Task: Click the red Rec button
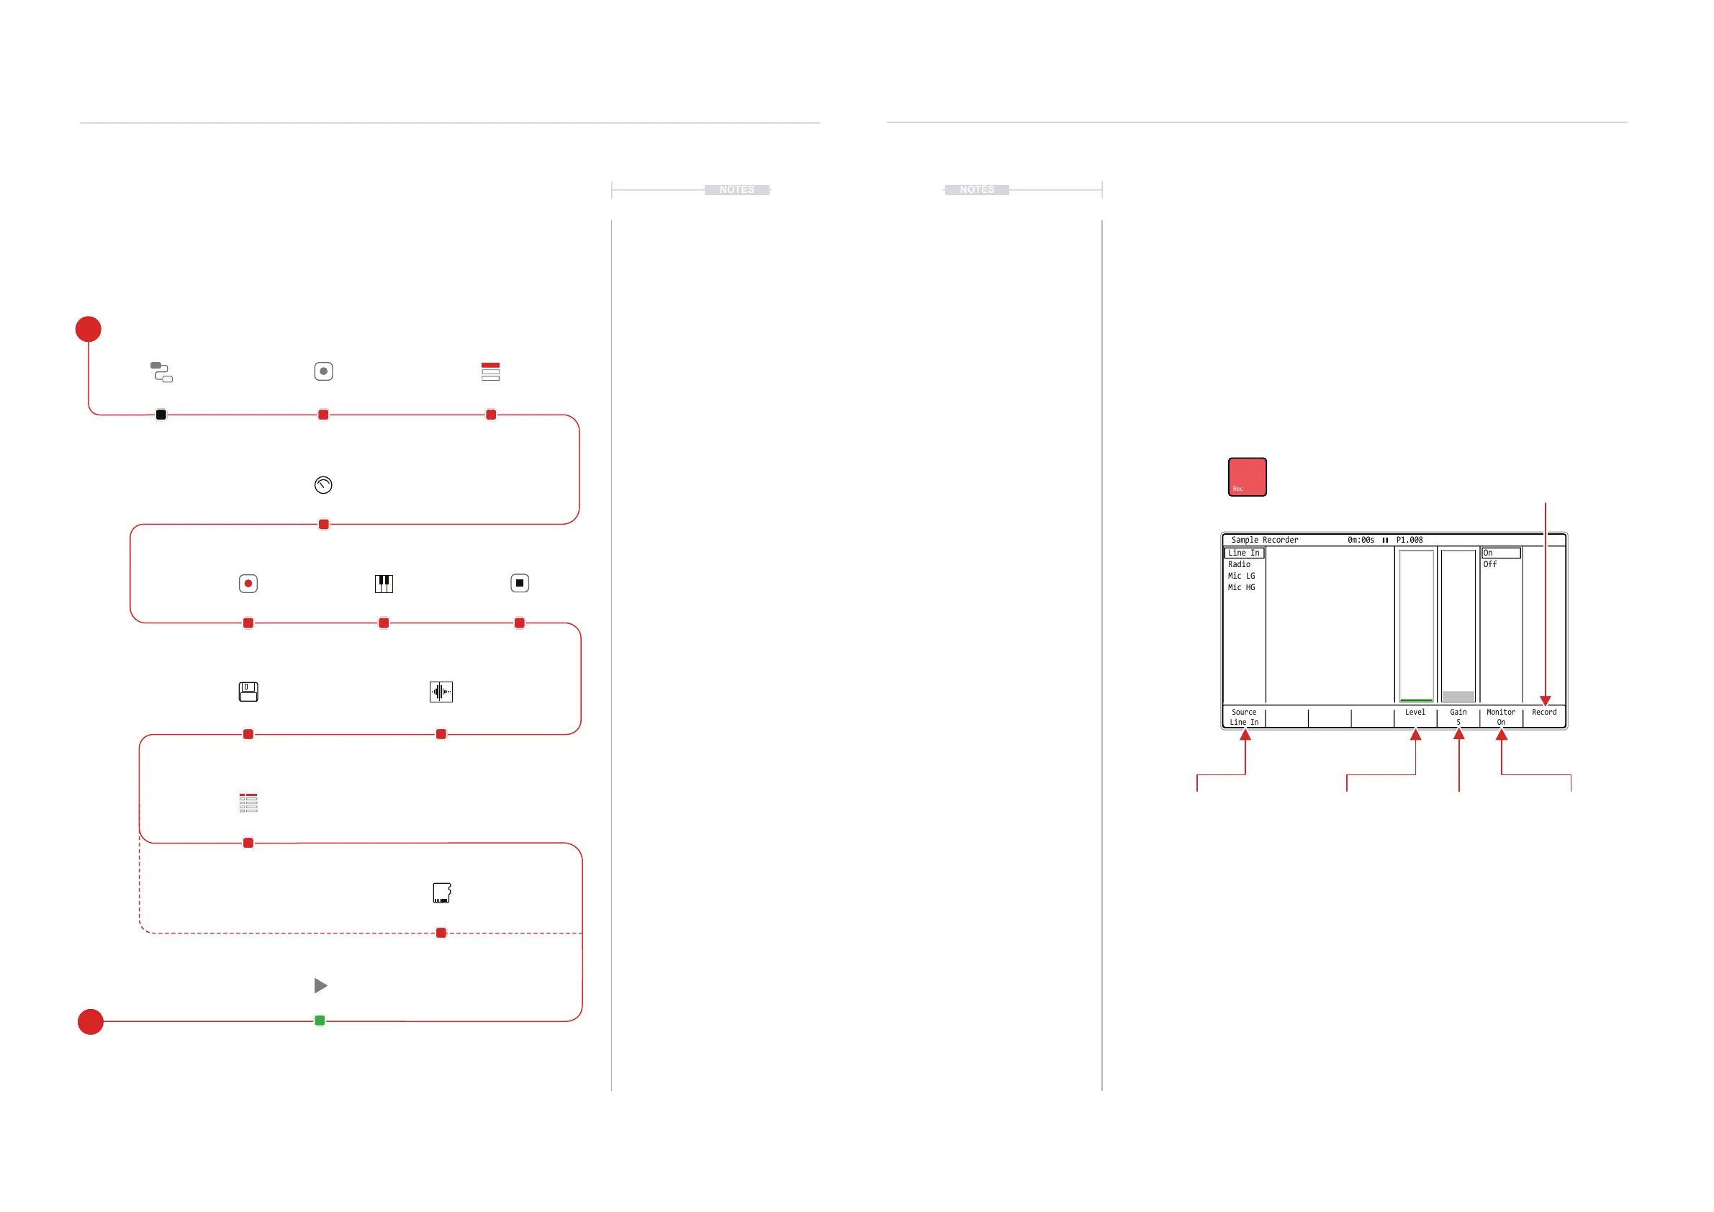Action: (x=1247, y=476)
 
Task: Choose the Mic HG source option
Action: (x=1241, y=587)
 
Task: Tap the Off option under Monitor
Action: (x=1489, y=564)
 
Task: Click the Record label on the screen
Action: (x=1544, y=712)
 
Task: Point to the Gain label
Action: (x=1458, y=712)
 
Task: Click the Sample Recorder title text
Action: (x=1264, y=540)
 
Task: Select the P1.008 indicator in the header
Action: (x=1409, y=540)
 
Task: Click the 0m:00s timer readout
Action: (x=1360, y=540)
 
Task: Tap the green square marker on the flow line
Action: (x=320, y=1021)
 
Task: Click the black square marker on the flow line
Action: (x=161, y=415)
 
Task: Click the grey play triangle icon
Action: (x=320, y=986)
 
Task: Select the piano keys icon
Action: (x=384, y=584)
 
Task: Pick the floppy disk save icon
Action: (x=248, y=692)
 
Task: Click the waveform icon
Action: (x=441, y=692)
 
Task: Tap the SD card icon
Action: (x=441, y=892)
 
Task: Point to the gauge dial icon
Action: (x=323, y=485)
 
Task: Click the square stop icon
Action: (x=520, y=583)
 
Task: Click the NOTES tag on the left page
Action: (x=736, y=189)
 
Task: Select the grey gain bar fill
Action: (x=1458, y=695)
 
